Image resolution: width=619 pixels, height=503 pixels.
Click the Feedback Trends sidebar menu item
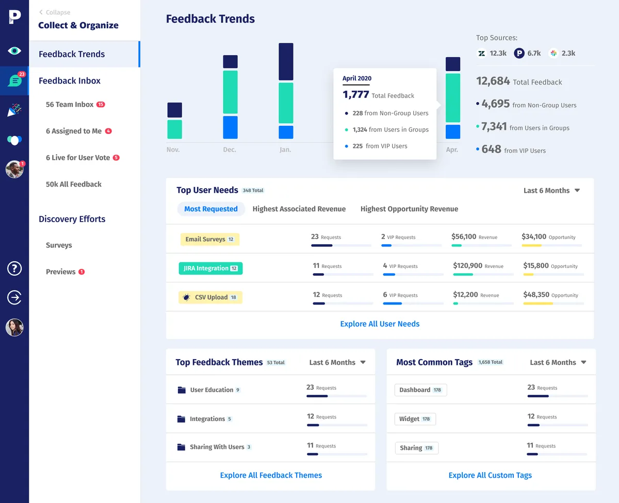72,54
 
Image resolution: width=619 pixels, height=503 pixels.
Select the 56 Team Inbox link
70,104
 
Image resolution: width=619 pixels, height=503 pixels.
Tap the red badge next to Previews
82,272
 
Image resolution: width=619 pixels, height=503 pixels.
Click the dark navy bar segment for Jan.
286,62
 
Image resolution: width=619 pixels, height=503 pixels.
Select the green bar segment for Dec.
230,92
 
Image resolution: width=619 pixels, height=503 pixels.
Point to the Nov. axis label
173,149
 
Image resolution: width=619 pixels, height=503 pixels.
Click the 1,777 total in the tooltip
356,94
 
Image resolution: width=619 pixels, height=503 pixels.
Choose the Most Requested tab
211,209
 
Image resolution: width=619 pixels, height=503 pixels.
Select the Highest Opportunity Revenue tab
409,209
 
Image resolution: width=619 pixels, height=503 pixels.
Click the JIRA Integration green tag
210,268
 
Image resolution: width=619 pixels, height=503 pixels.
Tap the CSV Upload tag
210,297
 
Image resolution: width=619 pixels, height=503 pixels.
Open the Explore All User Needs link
380,324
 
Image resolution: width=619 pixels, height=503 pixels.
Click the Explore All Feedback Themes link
271,475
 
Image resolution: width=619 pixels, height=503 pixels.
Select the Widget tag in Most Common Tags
415,419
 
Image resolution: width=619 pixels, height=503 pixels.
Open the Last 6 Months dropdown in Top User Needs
551,190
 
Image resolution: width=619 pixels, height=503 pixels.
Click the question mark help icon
14,268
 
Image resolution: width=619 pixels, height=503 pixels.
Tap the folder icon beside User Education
182,390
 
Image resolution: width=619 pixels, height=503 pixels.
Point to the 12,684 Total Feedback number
493,81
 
